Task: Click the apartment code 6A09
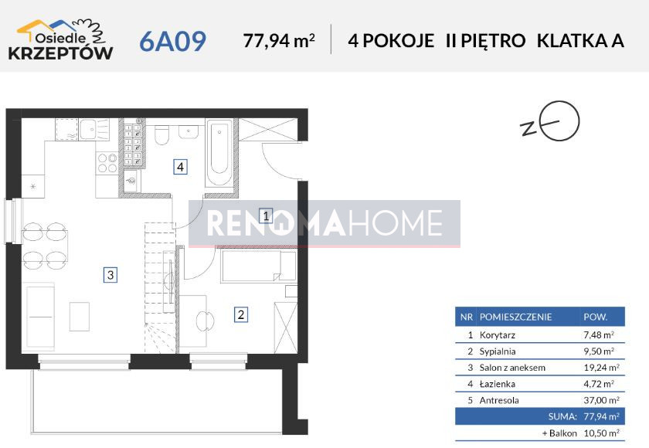172,41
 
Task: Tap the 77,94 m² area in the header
279,40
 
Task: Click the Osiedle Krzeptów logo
60,40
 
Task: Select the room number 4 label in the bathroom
180,167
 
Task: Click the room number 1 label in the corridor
266,216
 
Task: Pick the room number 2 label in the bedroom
241,315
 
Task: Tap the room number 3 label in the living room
110,275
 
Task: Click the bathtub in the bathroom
219,153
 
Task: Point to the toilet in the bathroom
161,134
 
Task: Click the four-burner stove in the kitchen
107,162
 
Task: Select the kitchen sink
94,129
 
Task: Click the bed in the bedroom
259,265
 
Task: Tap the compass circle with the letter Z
561,120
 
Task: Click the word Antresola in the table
499,400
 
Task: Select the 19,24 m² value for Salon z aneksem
601,368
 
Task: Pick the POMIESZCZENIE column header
516,317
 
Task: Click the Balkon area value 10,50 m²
601,433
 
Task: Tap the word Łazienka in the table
497,384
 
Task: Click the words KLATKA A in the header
580,41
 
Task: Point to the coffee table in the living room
80,317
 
